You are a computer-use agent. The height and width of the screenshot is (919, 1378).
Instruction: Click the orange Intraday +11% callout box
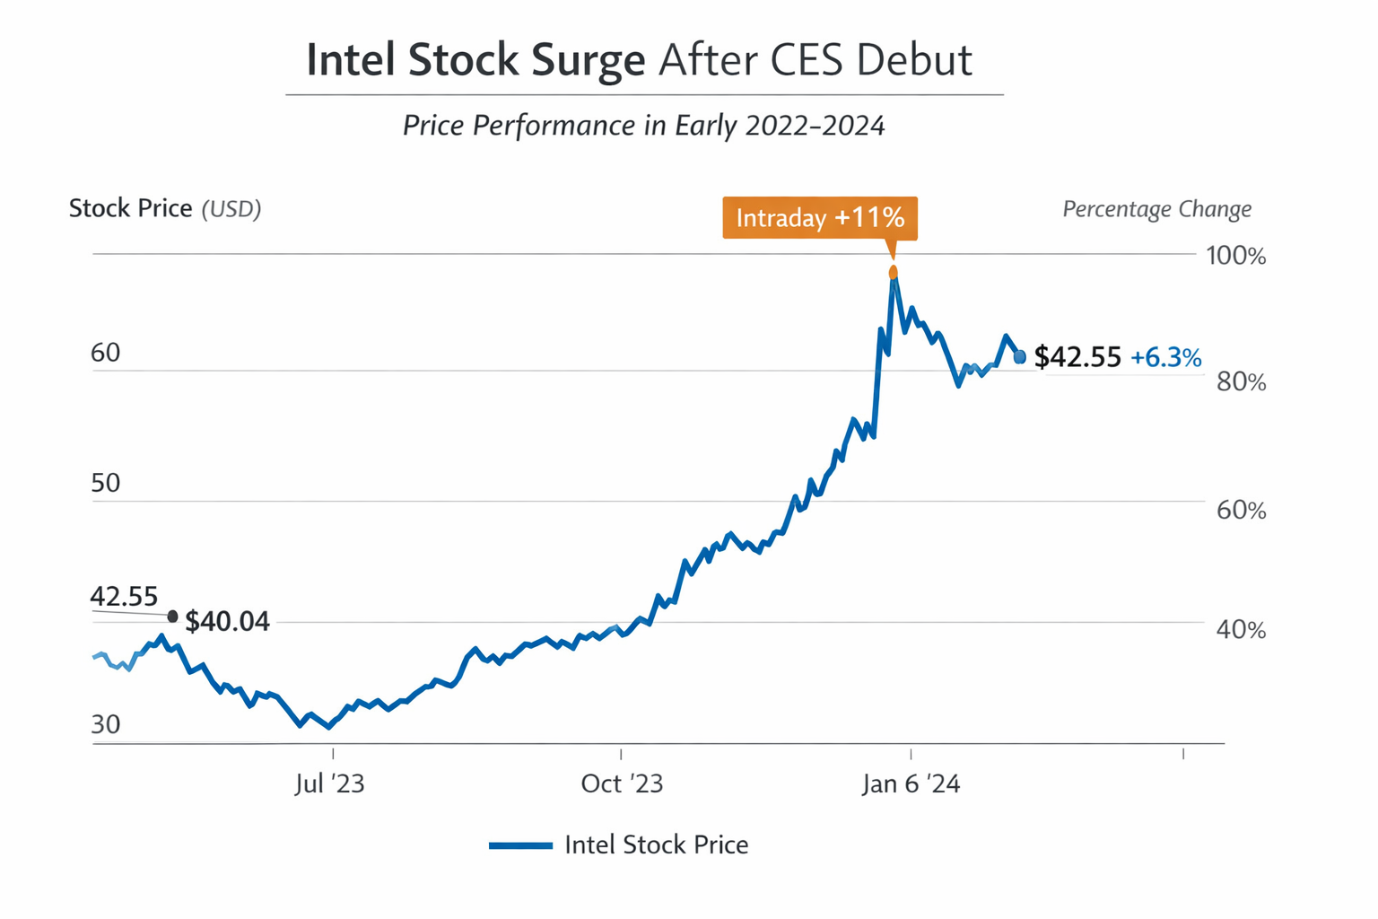[x=819, y=218]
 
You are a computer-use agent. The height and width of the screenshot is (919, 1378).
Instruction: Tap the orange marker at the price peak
[x=893, y=272]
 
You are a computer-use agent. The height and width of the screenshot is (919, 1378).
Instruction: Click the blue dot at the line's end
[x=1020, y=357]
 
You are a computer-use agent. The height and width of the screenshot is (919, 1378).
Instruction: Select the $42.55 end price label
[x=1077, y=357]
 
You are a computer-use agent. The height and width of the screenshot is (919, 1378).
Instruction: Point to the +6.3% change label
[x=1165, y=358]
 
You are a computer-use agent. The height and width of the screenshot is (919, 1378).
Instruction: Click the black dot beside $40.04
[x=172, y=617]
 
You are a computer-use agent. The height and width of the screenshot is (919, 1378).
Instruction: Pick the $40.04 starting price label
[x=227, y=621]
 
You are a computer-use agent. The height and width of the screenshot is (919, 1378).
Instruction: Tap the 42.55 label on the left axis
[x=124, y=596]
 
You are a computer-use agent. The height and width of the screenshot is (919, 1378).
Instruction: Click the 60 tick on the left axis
[x=106, y=353]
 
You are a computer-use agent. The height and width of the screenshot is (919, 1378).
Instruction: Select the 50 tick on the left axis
[x=106, y=483]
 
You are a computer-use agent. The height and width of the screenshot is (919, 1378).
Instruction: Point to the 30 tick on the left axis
[x=106, y=724]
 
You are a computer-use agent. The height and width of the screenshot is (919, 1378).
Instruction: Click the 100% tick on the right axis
[x=1235, y=256]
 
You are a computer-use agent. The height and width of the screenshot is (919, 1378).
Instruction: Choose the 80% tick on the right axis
[x=1241, y=382]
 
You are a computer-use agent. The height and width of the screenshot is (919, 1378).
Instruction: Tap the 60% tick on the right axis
[x=1241, y=510]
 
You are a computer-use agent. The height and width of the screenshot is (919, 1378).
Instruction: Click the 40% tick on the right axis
[x=1241, y=630]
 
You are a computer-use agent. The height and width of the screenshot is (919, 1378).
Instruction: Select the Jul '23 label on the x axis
[x=329, y=783]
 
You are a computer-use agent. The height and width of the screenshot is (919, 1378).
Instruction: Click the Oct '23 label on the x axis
[x=622, y=783]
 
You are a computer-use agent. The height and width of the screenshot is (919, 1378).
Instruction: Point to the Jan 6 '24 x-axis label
[x=911, y=783]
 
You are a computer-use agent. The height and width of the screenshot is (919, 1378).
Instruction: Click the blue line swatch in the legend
[x=520, y=845]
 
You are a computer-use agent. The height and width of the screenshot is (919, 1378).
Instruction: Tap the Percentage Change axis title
[x=1156, y=209]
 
